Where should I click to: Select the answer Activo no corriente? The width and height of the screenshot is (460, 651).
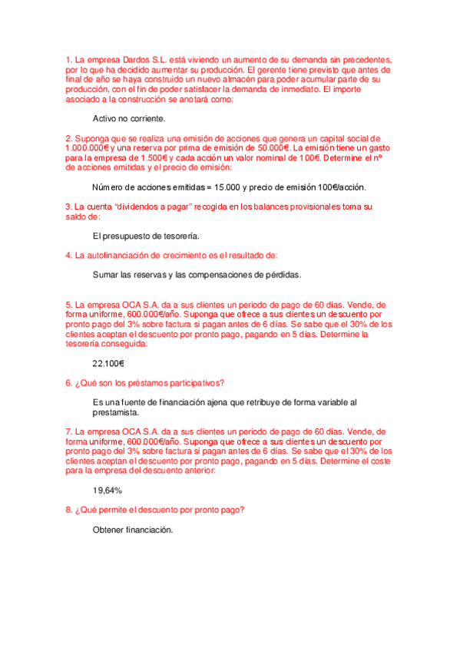(129, 119)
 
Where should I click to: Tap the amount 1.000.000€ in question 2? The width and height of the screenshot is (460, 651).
(88, 148)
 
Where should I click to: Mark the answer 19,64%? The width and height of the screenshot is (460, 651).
(108, 490)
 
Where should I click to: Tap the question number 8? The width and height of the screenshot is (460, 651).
(68, 510)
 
